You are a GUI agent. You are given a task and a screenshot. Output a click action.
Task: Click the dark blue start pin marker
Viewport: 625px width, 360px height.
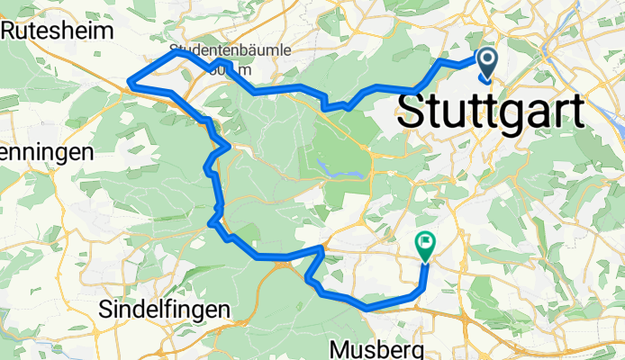tap(487, 63)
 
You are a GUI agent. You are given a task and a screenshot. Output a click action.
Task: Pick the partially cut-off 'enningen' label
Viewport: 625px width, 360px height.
tap(47, 152)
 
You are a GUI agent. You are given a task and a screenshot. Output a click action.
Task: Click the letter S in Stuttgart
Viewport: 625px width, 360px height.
tap(412, 112)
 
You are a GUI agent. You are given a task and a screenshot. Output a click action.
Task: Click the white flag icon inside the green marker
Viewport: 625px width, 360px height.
tap(424, 241)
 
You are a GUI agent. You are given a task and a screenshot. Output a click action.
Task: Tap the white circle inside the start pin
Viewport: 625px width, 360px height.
tap(487, 59)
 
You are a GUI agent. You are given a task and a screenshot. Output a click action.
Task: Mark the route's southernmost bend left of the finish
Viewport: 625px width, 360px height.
tap(367, 308)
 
